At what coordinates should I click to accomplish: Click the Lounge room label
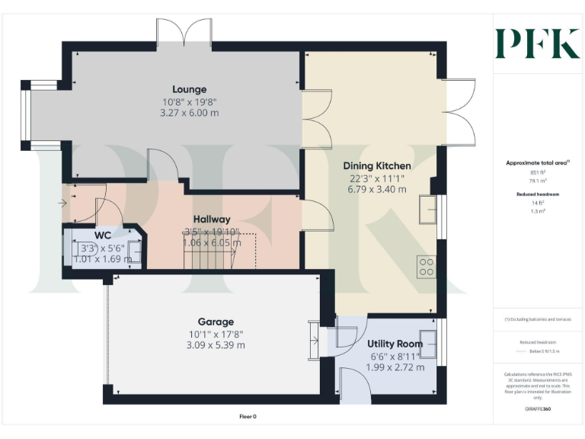tap(190, 89)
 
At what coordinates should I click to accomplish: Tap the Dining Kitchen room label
tap(376, 165)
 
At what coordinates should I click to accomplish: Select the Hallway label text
tap(211, 219)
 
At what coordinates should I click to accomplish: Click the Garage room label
tap(216, 322)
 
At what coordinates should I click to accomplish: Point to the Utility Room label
tap(395, 344)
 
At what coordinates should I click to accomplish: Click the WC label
tap(104, 235)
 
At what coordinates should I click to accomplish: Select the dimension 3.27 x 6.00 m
tap(189, 113)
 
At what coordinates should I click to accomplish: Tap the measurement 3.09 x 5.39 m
tap(216, 345)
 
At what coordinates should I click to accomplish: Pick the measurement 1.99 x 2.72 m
tap(394, 368)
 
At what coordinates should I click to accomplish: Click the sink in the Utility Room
tap(427, 344)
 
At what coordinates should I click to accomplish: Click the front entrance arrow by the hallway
tap(61, 204)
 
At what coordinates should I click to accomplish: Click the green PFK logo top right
tap(537, 43)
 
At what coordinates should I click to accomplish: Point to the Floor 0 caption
tap(248, 416)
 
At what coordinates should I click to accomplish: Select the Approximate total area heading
tap(538, 162)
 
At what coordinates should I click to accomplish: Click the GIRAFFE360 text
tap(537, 409)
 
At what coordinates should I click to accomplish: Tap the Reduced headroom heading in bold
tap(538, 194)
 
